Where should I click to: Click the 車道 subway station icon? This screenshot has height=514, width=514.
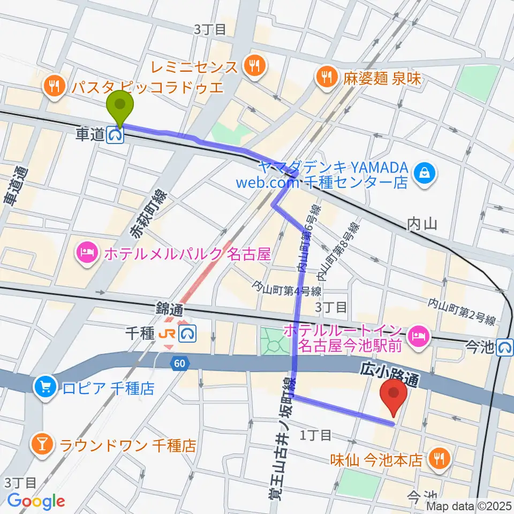click(116, 135)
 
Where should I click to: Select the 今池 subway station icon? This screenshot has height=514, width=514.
click(503, 348)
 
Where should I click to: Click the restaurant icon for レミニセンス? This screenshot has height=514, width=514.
click(252, 66)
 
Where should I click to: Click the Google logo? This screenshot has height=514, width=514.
click(36, 501)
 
